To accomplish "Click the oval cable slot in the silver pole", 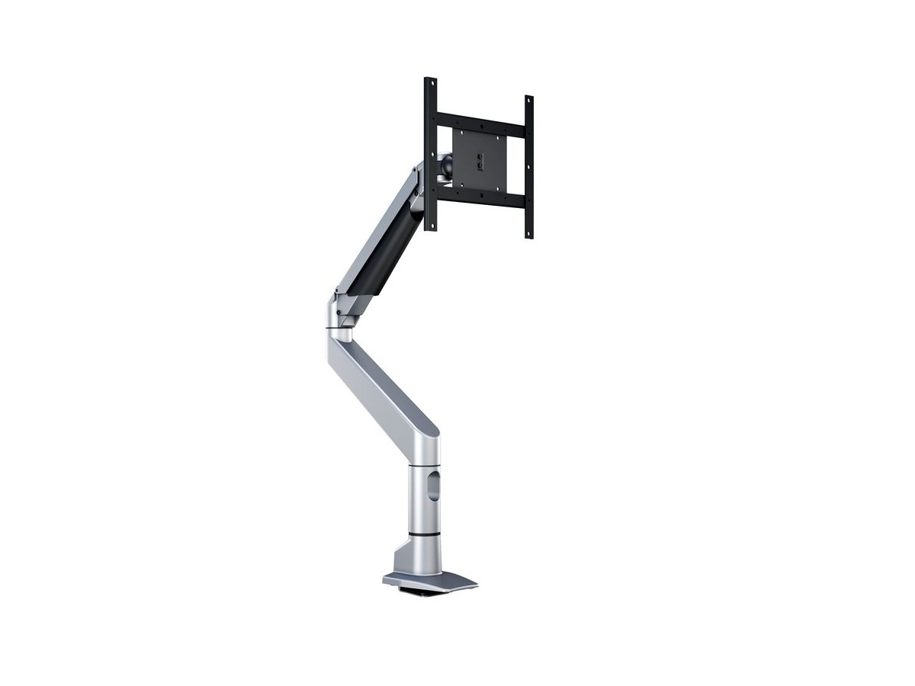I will pos(433,486).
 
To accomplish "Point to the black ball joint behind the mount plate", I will pos(446,165).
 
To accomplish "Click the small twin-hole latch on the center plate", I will pos(479,160).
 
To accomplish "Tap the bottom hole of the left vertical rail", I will pos(431,224).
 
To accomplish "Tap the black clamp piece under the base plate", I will pos(427,592).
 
